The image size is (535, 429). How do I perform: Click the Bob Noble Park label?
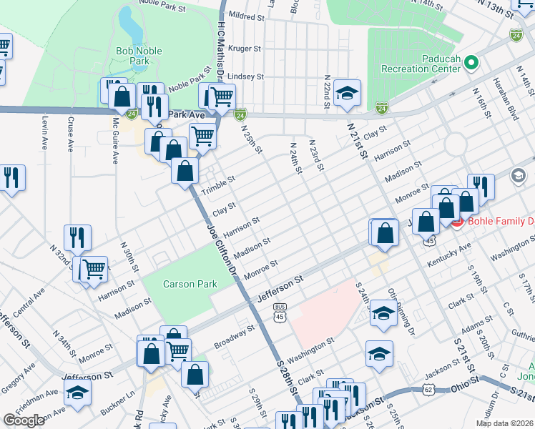[139, 56]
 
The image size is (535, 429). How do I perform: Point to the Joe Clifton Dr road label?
[221, 250]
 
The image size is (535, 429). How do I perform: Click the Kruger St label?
[246, 49]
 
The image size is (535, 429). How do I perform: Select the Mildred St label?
[247, 15]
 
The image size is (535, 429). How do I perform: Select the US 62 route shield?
[428, 389]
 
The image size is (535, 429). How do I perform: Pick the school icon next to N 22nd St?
[348, 93]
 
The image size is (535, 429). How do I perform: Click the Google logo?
[24, 420]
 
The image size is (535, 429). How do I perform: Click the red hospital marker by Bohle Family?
[456, 222]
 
